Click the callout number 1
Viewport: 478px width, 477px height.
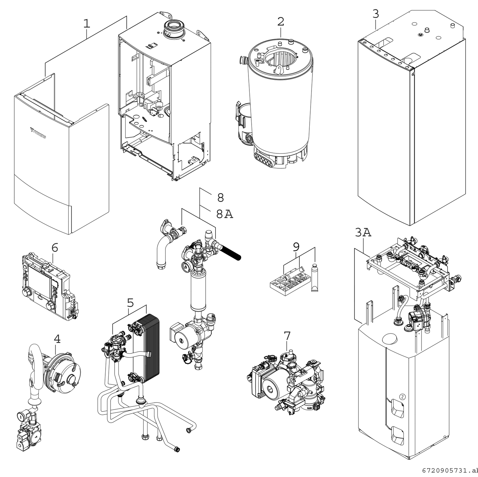(87, 24)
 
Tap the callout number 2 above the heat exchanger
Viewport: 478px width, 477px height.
(280, 22)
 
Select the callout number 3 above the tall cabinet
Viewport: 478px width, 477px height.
(376, 14)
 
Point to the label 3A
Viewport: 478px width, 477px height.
(363, 233)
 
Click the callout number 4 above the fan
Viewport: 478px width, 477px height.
(57, 339)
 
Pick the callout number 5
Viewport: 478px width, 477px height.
(130, 302)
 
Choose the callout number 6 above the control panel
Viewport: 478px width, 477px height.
(55, 248)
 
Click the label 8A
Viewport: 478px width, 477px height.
(224, 214)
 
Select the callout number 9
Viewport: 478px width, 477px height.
(296, 247)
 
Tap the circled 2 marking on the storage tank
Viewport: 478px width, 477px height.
(403, 397)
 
